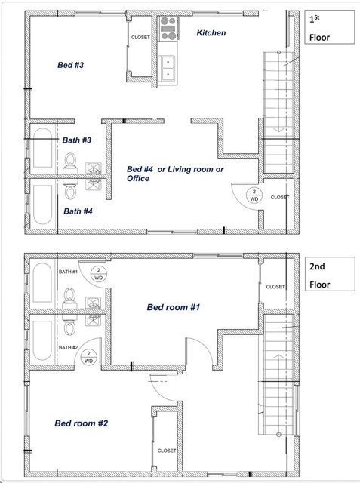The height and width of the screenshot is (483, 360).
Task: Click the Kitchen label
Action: point(211,33)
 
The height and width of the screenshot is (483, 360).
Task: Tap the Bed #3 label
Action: point(70,66)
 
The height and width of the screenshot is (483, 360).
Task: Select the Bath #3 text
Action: point(76,140)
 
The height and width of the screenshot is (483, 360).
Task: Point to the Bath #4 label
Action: point(77,211)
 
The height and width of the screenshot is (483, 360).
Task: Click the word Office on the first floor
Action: point(138,179)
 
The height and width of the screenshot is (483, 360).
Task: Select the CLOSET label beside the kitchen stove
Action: point(141,37)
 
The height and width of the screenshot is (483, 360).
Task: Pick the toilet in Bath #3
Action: point(71,161)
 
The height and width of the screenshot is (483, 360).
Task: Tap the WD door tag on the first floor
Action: point(254,195)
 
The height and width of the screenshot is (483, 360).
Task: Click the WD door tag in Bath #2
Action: point(89,357)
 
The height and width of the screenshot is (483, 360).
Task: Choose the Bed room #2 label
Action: point(82,423)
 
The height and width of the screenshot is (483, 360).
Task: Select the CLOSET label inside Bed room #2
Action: point(167,451)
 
